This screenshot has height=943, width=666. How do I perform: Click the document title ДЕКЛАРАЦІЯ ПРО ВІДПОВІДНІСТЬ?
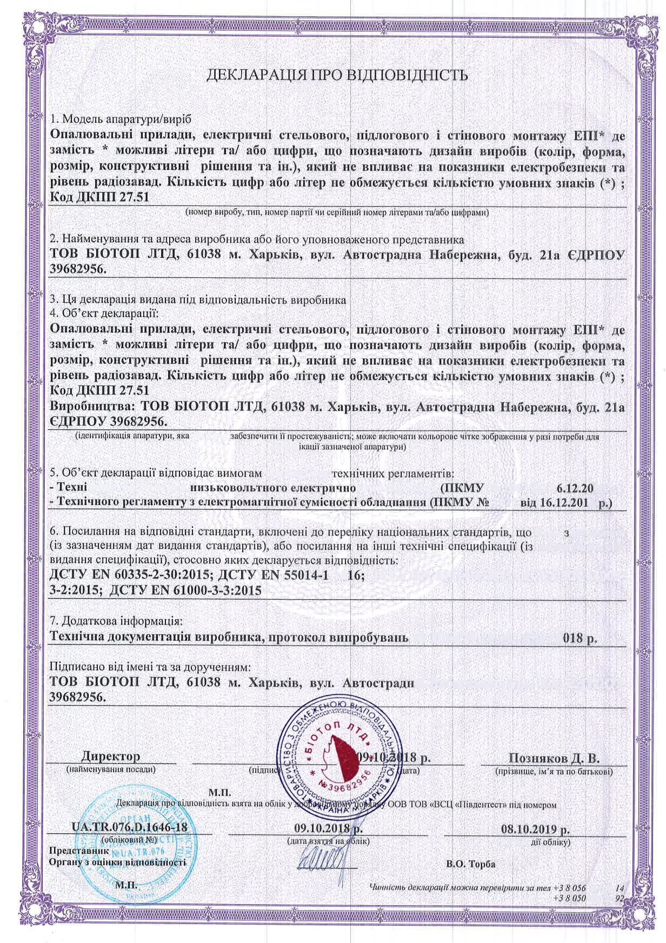(x=337, y=75)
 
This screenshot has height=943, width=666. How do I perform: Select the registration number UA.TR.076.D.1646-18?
(x=130, y=827)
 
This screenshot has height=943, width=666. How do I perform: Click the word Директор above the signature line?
(x=111, y=756)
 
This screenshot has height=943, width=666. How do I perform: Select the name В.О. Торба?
(x=471, y=864)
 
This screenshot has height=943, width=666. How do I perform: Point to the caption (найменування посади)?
(x=111, y=768)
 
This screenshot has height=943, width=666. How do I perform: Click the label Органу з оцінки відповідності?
(x=117, y=862)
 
